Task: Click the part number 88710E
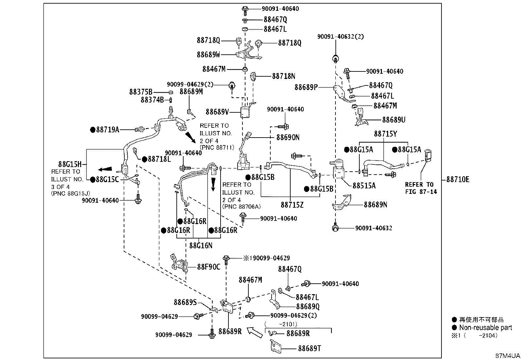458,180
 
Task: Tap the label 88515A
364,186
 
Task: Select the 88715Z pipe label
292,205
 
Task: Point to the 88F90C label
209,267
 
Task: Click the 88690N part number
288,137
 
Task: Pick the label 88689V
217,112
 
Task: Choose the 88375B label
141,92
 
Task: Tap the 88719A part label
108,130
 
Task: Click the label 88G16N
201,246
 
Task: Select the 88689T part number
310,348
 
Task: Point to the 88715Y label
386,134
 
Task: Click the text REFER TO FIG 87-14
421,188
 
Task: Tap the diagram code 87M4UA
508,356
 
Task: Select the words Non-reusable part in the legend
486,328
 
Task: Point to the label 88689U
394,120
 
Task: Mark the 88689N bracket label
375,205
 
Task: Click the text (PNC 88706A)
242,207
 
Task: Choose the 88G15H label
70,164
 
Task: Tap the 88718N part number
283,76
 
